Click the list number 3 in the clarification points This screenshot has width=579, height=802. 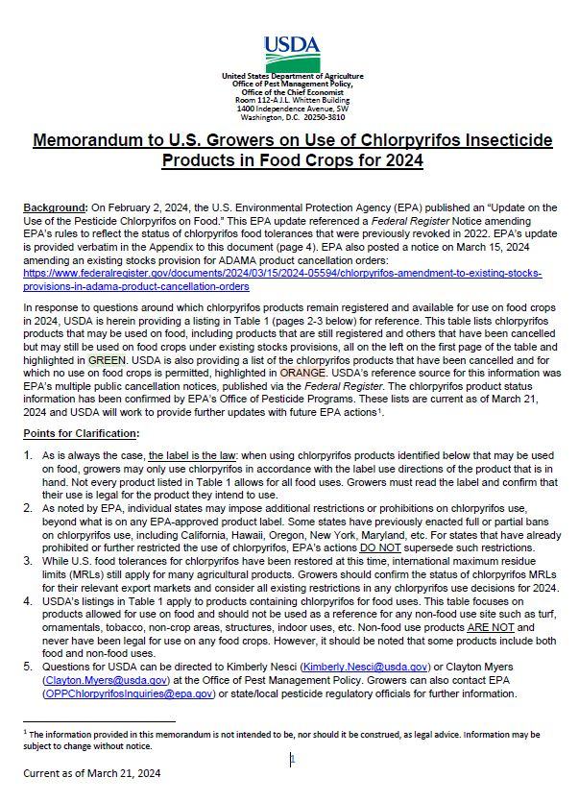(28, 562)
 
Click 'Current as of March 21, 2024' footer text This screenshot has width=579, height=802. (92, 772)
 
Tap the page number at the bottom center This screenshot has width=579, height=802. (292, 758)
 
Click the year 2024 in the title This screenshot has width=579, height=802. (403, 161)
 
